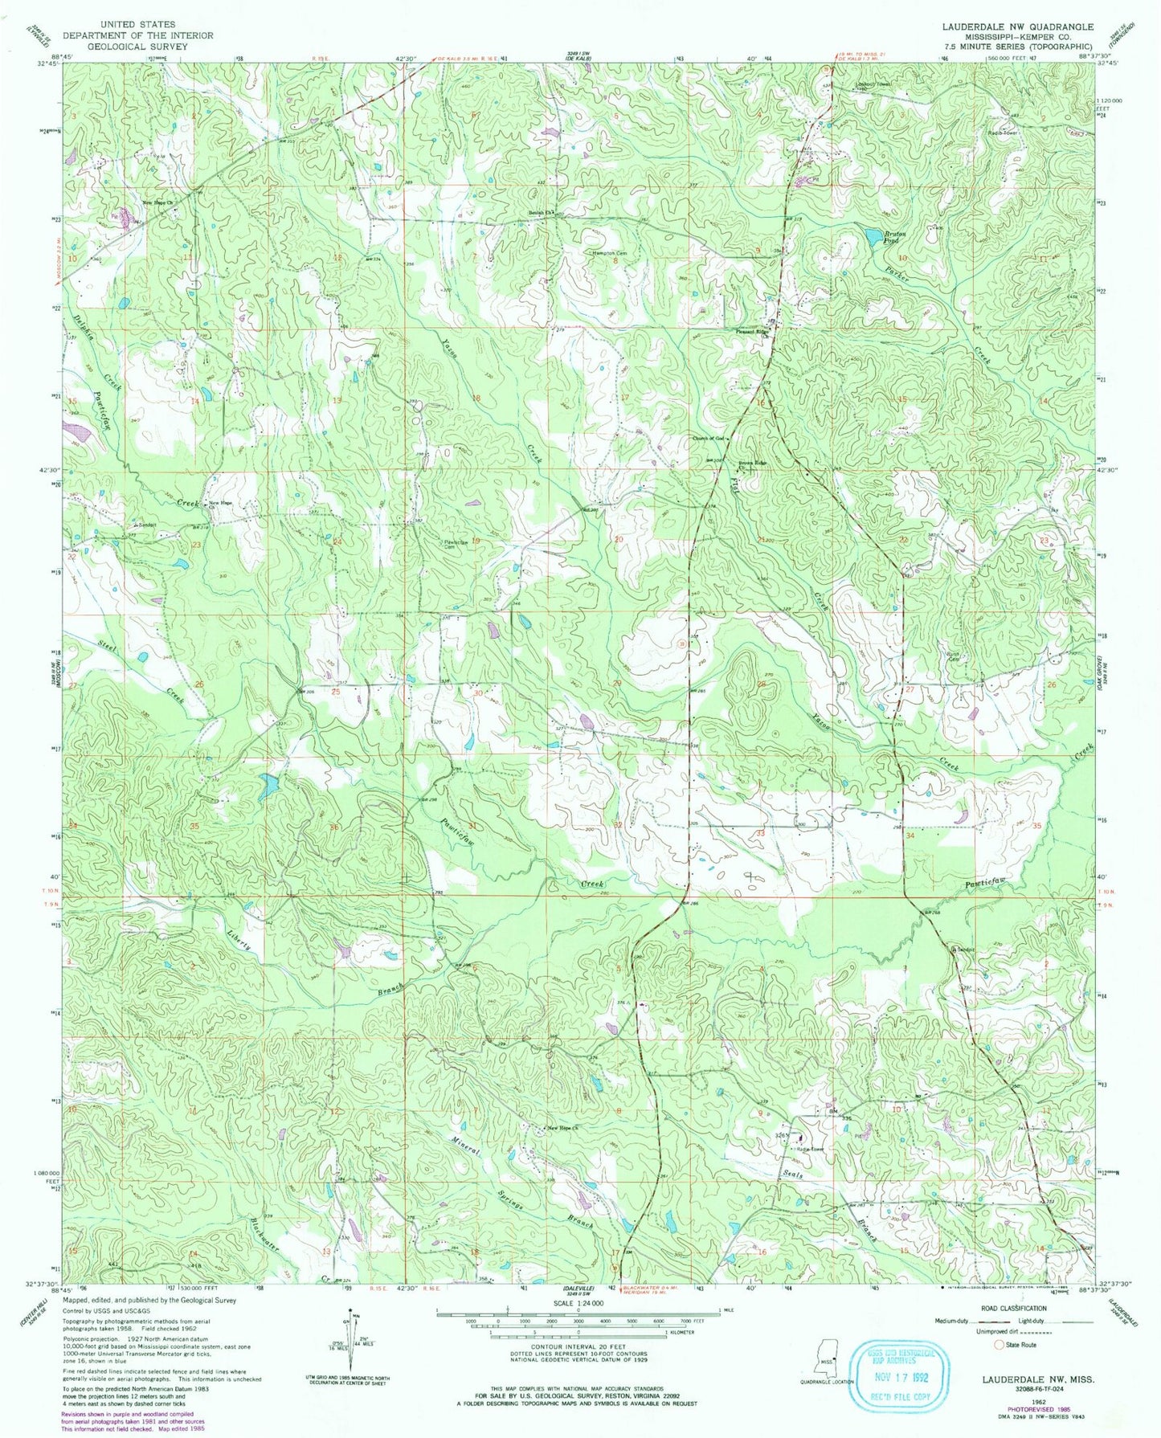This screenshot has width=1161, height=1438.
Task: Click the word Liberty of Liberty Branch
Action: (240, 935)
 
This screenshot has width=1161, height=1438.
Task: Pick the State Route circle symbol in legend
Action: (999, 1344)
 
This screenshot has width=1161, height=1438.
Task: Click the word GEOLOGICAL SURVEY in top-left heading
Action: (138, 46)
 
